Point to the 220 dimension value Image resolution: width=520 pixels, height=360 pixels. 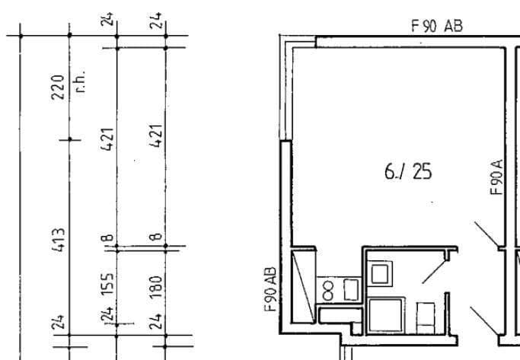(x=58, y=97)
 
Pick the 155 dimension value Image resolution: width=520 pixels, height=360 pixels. (x=108, y=287)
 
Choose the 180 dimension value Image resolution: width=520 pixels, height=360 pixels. (x=158, y=287)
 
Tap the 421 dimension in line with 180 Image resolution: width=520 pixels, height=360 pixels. (x=158, y=139)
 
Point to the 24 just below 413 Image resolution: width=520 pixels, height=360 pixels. (x=58, y=323)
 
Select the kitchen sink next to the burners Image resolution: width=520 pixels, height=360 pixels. (x=351, y=289)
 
